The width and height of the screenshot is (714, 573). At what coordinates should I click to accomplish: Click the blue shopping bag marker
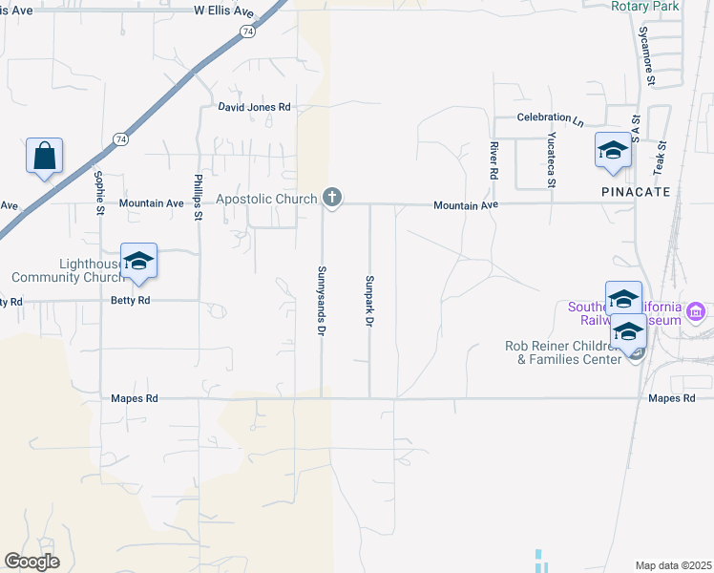[x=45, y=157]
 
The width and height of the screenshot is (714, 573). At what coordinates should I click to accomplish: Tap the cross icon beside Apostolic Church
[x=332, y=198]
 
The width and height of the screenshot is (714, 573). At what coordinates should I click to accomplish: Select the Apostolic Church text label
[x=266, y=199]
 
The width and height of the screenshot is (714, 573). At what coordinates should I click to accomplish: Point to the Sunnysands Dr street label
[x=322, y=299]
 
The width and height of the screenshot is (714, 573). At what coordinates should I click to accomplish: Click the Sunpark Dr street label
[x=368, y=301]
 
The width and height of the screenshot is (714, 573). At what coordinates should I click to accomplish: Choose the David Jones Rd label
[x=254, y=108]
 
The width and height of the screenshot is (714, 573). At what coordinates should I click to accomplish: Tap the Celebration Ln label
[x=550, y=118]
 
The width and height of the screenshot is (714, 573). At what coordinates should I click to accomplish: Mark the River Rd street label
[x=493, y=161]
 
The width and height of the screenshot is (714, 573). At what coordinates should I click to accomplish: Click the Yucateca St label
[x=550, y=158]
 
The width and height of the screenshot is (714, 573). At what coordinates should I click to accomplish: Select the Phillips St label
[x=199, y=198]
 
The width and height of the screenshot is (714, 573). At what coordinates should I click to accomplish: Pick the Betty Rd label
[x=131, y=300]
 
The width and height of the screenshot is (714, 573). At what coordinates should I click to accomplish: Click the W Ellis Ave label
[x=224, y=11]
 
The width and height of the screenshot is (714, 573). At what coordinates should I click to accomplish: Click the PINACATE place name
[x=636, y=192]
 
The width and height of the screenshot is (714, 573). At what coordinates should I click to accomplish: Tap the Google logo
[x=31, y=561]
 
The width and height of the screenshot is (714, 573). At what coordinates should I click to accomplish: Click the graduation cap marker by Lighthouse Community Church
[x=138, y=263]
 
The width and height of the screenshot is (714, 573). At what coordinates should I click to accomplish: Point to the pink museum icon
[x=696, y=311]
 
